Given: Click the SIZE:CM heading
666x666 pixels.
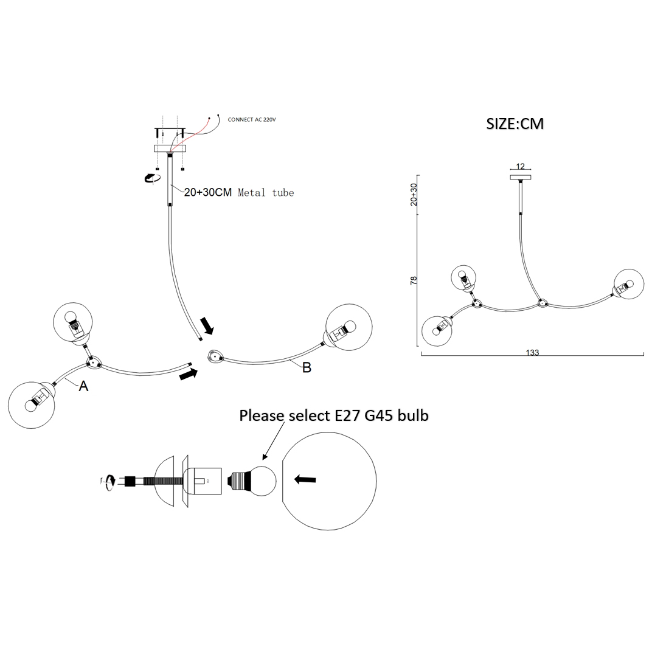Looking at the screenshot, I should tap(515, 123).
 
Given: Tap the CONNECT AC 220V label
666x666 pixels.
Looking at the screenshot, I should tap(252, 120).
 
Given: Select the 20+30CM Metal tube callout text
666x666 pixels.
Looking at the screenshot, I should tap(238, 193).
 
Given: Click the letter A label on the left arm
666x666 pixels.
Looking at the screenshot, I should tap(84, 385).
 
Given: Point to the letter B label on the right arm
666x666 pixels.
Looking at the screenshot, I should tap(307, 367).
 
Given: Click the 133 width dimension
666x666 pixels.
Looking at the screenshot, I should tap(533, 352).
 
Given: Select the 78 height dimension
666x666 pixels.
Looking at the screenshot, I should tap(414, 280).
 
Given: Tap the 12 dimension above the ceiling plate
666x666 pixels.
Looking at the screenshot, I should tap(520, 167).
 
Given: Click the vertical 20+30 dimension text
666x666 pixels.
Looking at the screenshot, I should tap(414, 195).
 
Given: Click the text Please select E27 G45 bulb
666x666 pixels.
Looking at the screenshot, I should tap(334, 416).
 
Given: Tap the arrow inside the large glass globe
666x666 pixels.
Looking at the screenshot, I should tap(305, 480).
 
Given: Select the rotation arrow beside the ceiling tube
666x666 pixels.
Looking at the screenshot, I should tap(150, 177).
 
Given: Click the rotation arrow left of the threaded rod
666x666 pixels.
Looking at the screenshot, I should tap(108, 482).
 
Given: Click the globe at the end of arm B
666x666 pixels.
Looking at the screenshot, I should tap(349, 327).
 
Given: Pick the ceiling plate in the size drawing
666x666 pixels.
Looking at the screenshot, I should tap(520, 178).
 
